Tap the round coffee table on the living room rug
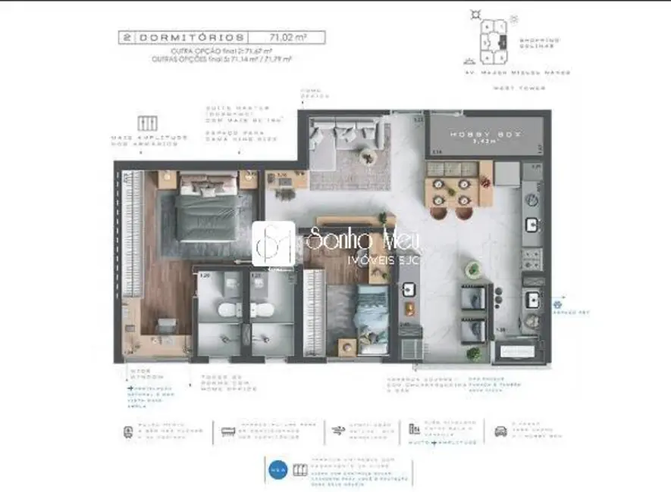click(x=368, y=157)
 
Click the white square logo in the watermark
click(x=273, y=244)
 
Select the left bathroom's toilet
click(x=226, y=311)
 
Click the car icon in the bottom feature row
click(x=500, y=431)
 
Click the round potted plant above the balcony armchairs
click(x=473, y=268)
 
